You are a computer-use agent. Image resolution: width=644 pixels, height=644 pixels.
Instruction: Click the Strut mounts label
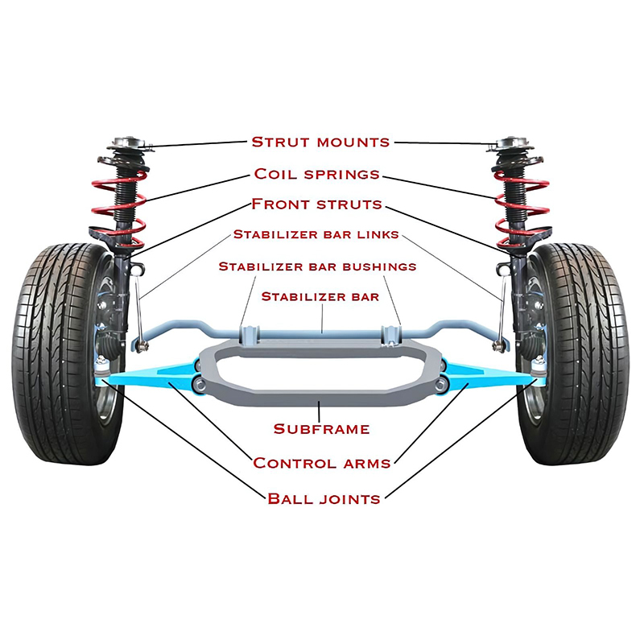(320, 142)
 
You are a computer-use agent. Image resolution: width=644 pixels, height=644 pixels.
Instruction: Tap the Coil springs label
(316, 174)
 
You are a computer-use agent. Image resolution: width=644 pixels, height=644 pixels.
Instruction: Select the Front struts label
(316, 204)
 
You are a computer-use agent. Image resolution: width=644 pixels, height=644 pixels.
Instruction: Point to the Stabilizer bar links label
(316, 235)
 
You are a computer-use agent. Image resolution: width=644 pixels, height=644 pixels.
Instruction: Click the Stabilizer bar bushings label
(317, 266)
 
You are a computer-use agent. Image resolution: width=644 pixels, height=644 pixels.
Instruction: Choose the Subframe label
(321, 429)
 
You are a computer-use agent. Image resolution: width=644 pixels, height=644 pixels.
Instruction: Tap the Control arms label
(321, 463)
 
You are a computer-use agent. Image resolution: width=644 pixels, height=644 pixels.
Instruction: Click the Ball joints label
(324, 499)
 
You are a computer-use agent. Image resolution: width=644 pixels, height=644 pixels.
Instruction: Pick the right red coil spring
(522, 201)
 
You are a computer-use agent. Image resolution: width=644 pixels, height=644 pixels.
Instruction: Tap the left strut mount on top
(130, 147)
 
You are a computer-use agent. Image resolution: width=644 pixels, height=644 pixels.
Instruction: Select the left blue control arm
(153, 374)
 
